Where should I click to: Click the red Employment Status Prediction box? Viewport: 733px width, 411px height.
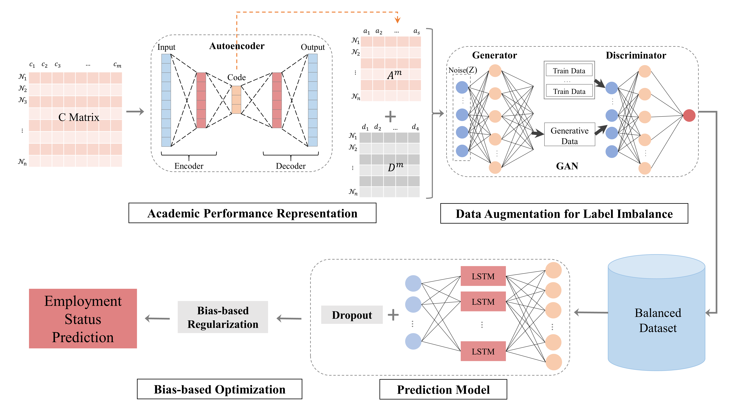coord(83,318)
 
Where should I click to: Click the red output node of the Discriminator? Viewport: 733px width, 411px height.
coord(689,115)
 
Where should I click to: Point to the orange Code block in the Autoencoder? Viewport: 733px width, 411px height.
coord(236,100)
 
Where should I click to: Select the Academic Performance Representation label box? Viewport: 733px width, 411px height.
coord(252,213)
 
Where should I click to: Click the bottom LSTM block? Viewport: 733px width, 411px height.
coord(483,351)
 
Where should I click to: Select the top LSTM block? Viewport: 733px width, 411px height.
coord(483,276)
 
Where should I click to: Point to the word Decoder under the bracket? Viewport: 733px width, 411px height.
coord(291,166)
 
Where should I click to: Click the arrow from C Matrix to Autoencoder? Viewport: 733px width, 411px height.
coord(135,111)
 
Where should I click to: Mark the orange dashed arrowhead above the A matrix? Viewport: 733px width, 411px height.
coord(397,20)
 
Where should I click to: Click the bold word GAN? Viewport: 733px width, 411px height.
coord(567,166)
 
